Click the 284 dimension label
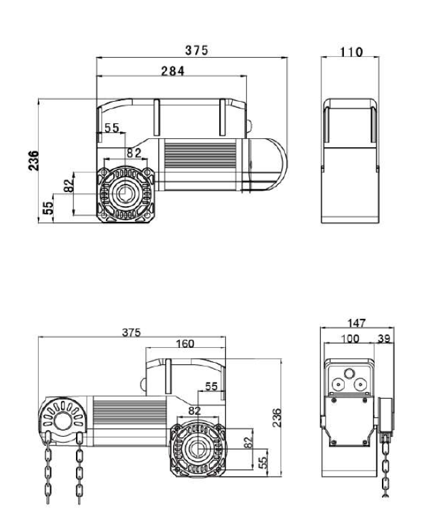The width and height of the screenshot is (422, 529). (172, 71)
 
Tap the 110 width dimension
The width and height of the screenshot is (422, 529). (351, 52)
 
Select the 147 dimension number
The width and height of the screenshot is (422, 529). (356, 323)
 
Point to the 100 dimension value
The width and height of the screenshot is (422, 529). (350, 338)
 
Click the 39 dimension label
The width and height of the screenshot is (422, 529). (384, 338)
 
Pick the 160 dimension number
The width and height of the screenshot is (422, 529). (185, 343)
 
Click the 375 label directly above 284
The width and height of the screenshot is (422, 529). (197, 50)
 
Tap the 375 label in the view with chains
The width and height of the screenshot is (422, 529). (132, 332)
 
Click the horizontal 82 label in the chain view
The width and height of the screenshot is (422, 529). (195, 410)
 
